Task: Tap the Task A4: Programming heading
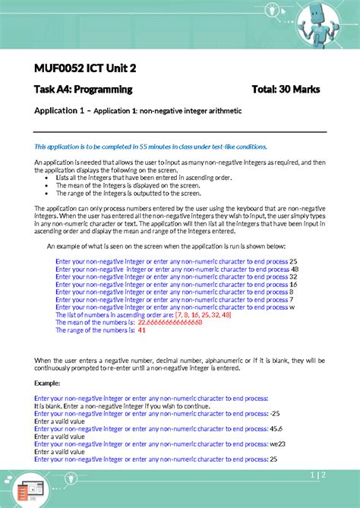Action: click(84, 90)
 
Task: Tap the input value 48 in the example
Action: click(295, 269)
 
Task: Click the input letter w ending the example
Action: click(293, 307)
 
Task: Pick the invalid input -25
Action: click(275, 413)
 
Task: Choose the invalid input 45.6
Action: click(276, 428)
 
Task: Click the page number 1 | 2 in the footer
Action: click(319, 475)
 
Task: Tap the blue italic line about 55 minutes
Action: click(151, 146)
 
